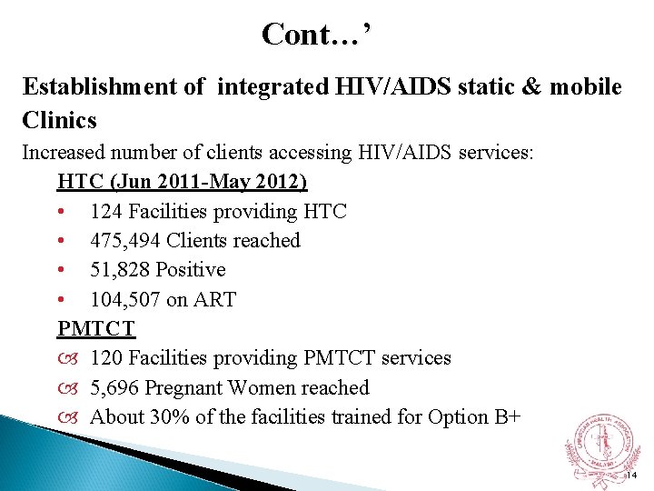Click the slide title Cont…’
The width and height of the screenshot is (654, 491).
point(315,35)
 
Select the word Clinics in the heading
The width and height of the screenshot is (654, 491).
point(60,120)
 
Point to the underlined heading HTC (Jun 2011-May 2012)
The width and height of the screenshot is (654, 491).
point(183,182)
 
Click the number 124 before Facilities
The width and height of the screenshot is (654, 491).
point(107,212)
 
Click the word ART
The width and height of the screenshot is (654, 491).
point(216,299)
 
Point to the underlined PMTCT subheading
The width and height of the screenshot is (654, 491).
point(96,328)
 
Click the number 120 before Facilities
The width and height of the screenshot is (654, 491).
point(107,358)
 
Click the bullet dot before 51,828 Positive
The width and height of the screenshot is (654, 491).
point(60,270)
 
